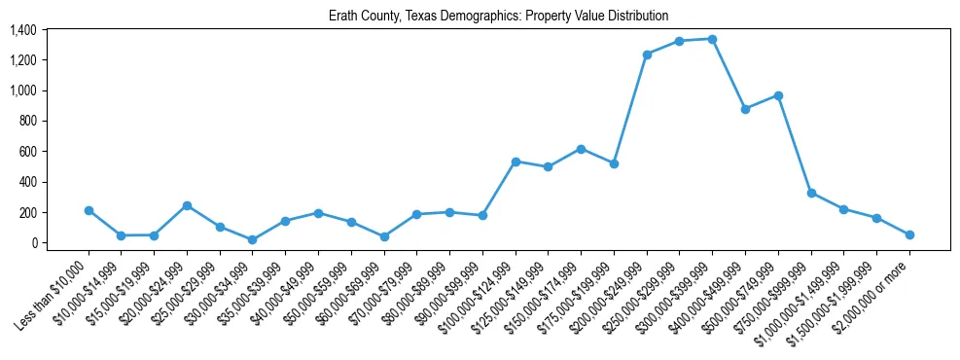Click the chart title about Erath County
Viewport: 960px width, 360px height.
(x=498, y=16)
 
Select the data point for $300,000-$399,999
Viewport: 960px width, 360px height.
(x=712, y=39)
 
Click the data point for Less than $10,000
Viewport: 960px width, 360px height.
(x=89, y=210)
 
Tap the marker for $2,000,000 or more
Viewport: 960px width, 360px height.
(x=909, y=234)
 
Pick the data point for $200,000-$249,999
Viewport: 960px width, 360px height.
(x=647, y=54)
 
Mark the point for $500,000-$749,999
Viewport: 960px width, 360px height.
(x=778, y=95)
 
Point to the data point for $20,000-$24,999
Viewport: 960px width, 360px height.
(x=187, y=205)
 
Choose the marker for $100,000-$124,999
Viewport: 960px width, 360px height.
(x=516, y=162)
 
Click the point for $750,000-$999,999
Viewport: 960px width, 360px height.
(x=811, y=193)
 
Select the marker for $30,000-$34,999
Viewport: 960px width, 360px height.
(x=253, y=239)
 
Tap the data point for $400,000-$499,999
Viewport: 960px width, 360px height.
(x=745, y=109)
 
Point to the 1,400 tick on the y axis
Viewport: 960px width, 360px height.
(x=23, y=30)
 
